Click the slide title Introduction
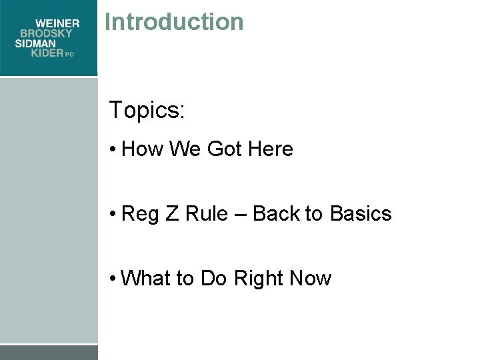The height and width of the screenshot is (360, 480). pyautogui.click(x=174, y=21)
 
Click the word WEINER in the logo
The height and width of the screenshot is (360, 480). pyautogui.click(x=57, y=23)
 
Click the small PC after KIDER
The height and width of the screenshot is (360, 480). pyautogui.click(x=70, y=55)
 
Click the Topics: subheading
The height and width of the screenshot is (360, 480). pyautogui.click(x=147, y=110)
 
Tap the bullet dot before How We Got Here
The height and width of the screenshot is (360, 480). pyautogui.click(x=114, y=149)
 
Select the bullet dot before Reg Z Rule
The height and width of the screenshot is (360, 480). pyautogui.click(x=114, y=214)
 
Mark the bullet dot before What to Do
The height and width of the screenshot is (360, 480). pyautogui.click(x=114, y=278)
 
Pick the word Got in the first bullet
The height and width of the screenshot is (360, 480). pyautogui.click(x=225, y=149)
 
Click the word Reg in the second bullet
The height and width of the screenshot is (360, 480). pyautogui.click(x=139, y=214)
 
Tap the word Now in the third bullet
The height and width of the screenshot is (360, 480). pyautogui.click(x=311, y=277)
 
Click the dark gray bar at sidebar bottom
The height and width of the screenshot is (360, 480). pyautogui.click(x=49, y=353)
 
